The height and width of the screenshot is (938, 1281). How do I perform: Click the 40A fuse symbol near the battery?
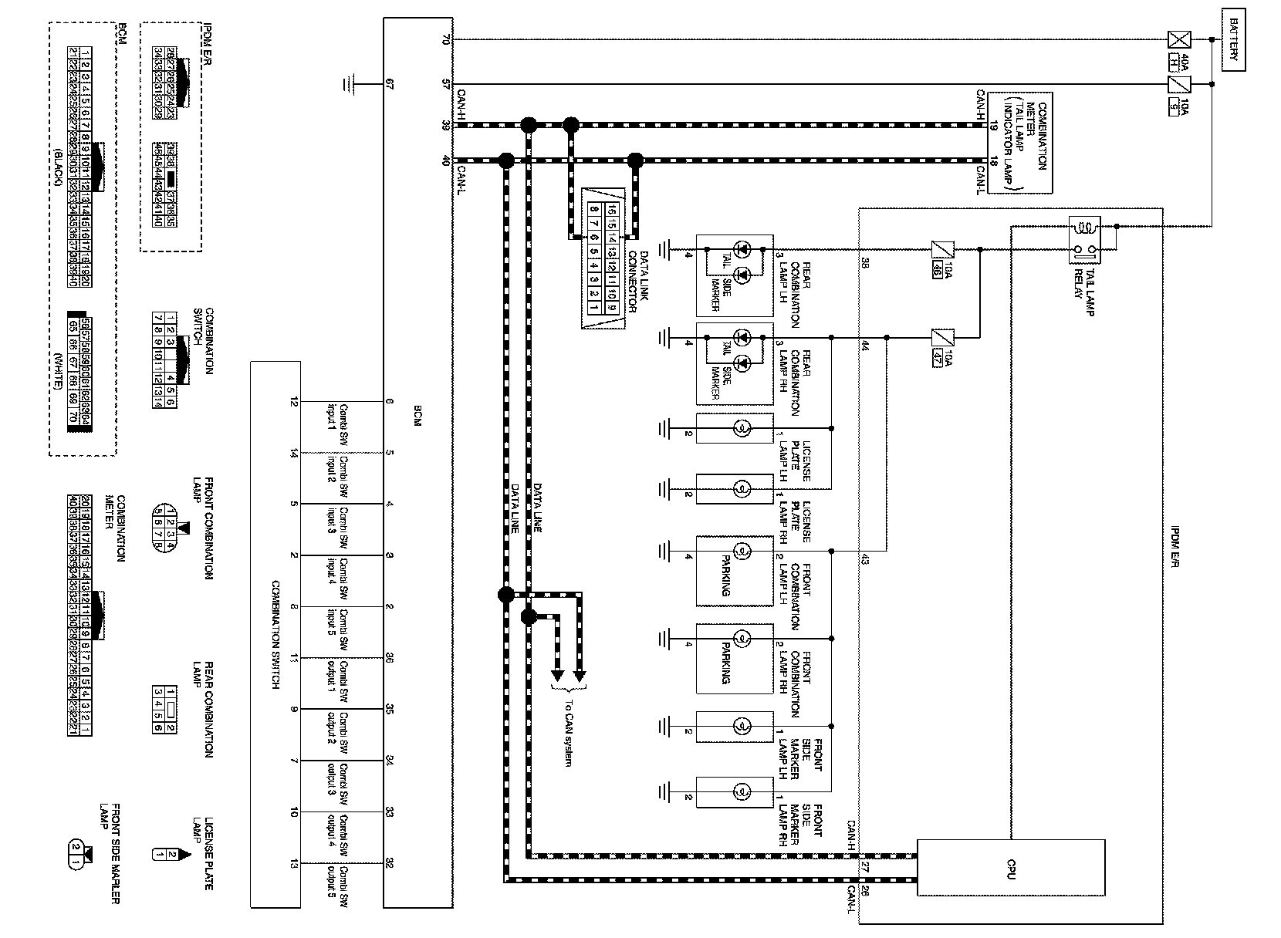1178,40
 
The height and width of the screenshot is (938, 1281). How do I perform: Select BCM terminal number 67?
390,84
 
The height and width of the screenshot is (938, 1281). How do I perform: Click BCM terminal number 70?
445,40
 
